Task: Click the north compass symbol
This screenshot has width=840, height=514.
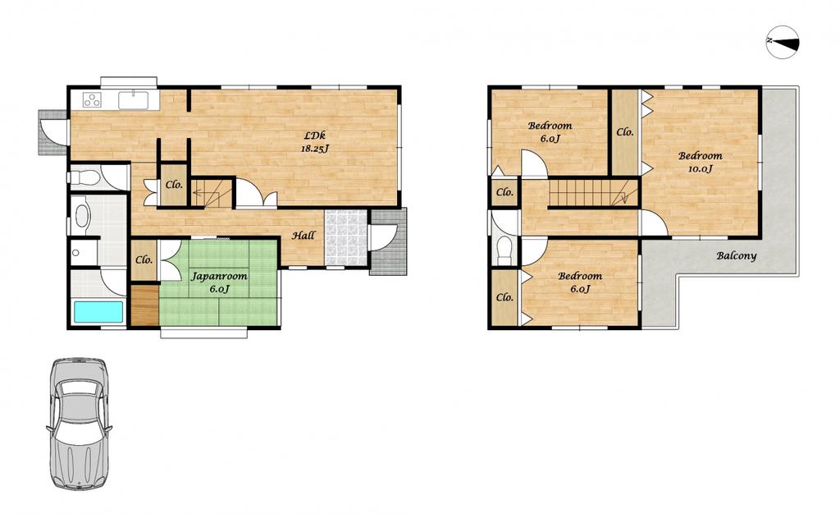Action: [783, 41]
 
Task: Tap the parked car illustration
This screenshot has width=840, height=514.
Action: [80, 424]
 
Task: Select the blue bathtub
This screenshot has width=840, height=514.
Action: [98, 311]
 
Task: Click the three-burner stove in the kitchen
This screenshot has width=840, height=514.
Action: [93, 99]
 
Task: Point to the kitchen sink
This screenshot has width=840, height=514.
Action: [134, 99]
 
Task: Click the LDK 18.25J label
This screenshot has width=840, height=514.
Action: [314, 142]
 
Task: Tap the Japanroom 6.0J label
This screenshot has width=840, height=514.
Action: [219, 282]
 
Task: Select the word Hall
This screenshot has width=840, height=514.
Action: [304, 236]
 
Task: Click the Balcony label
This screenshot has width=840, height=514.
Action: [737, 255]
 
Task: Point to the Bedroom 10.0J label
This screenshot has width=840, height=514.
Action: [701, 162]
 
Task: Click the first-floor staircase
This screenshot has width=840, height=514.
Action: [212, 192]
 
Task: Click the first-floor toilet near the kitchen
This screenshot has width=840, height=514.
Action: [85, 177]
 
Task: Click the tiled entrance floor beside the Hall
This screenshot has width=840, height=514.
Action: [346, 237]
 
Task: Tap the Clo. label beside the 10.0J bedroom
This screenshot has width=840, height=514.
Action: [624, 132]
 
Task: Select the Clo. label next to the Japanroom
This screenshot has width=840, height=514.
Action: [144, 260]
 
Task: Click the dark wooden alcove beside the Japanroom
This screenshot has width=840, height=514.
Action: [144, 305]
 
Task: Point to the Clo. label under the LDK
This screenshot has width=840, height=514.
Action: [174, 186]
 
